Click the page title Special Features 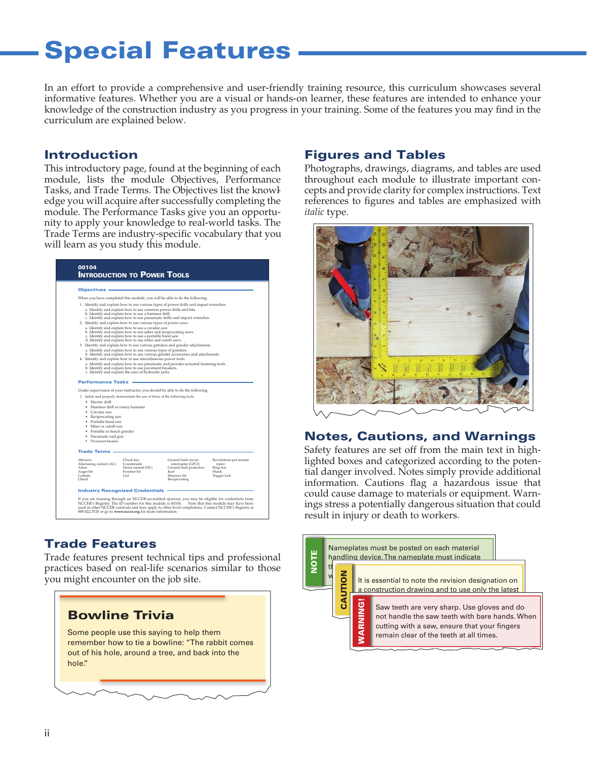point(167,51)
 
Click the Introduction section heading point(91,155)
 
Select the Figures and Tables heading point(374,155)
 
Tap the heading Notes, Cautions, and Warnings point(420,436)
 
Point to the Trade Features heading point(100,544)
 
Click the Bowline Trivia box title point(121,615)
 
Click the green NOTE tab point(314,561)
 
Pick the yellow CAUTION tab point(344,589)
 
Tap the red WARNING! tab point(361,621)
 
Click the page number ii point(47,733)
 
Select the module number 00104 point(87,267)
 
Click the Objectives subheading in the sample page point(92,290)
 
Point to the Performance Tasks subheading point(103,382)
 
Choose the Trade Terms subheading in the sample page point(94,451)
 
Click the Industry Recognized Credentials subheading point(121,490)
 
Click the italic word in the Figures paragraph point(314,212)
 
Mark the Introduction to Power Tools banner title point(133,275)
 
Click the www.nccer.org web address point(127,512)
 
